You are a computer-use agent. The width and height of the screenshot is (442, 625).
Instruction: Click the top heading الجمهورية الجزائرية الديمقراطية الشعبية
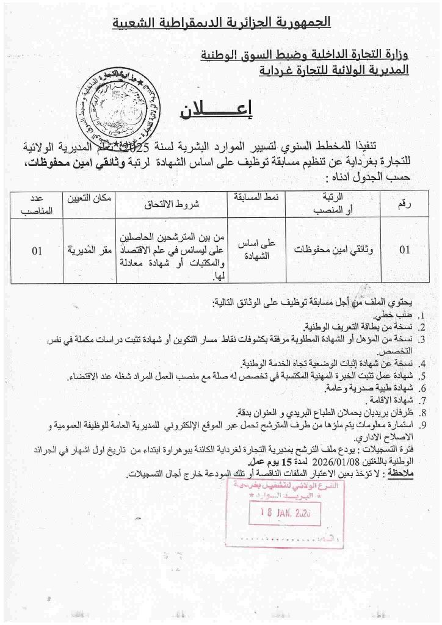[x=221, y=23]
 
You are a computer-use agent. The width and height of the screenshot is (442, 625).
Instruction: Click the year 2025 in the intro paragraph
[x=150, y=147]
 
